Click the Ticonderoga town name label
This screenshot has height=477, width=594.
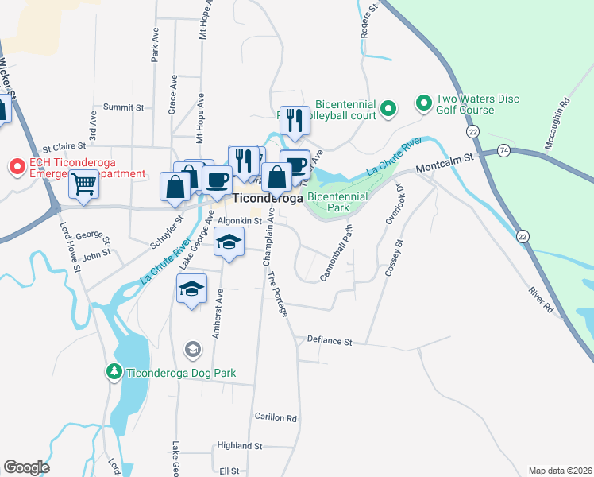click(x=268, y=199)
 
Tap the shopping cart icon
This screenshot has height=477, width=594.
click(x=83, y=184)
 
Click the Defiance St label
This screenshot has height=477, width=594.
click(x=330, y=341)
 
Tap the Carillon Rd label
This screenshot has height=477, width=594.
click(x=276, y=417)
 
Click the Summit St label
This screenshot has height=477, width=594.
click(x=123, y=107)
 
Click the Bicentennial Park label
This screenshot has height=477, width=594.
click(x=337, y=201)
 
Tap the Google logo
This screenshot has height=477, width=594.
click(x=26, y=467)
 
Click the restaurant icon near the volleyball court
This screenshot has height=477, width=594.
click(x=295, y=120)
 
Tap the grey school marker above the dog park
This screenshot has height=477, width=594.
click(x=192, y=349)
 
